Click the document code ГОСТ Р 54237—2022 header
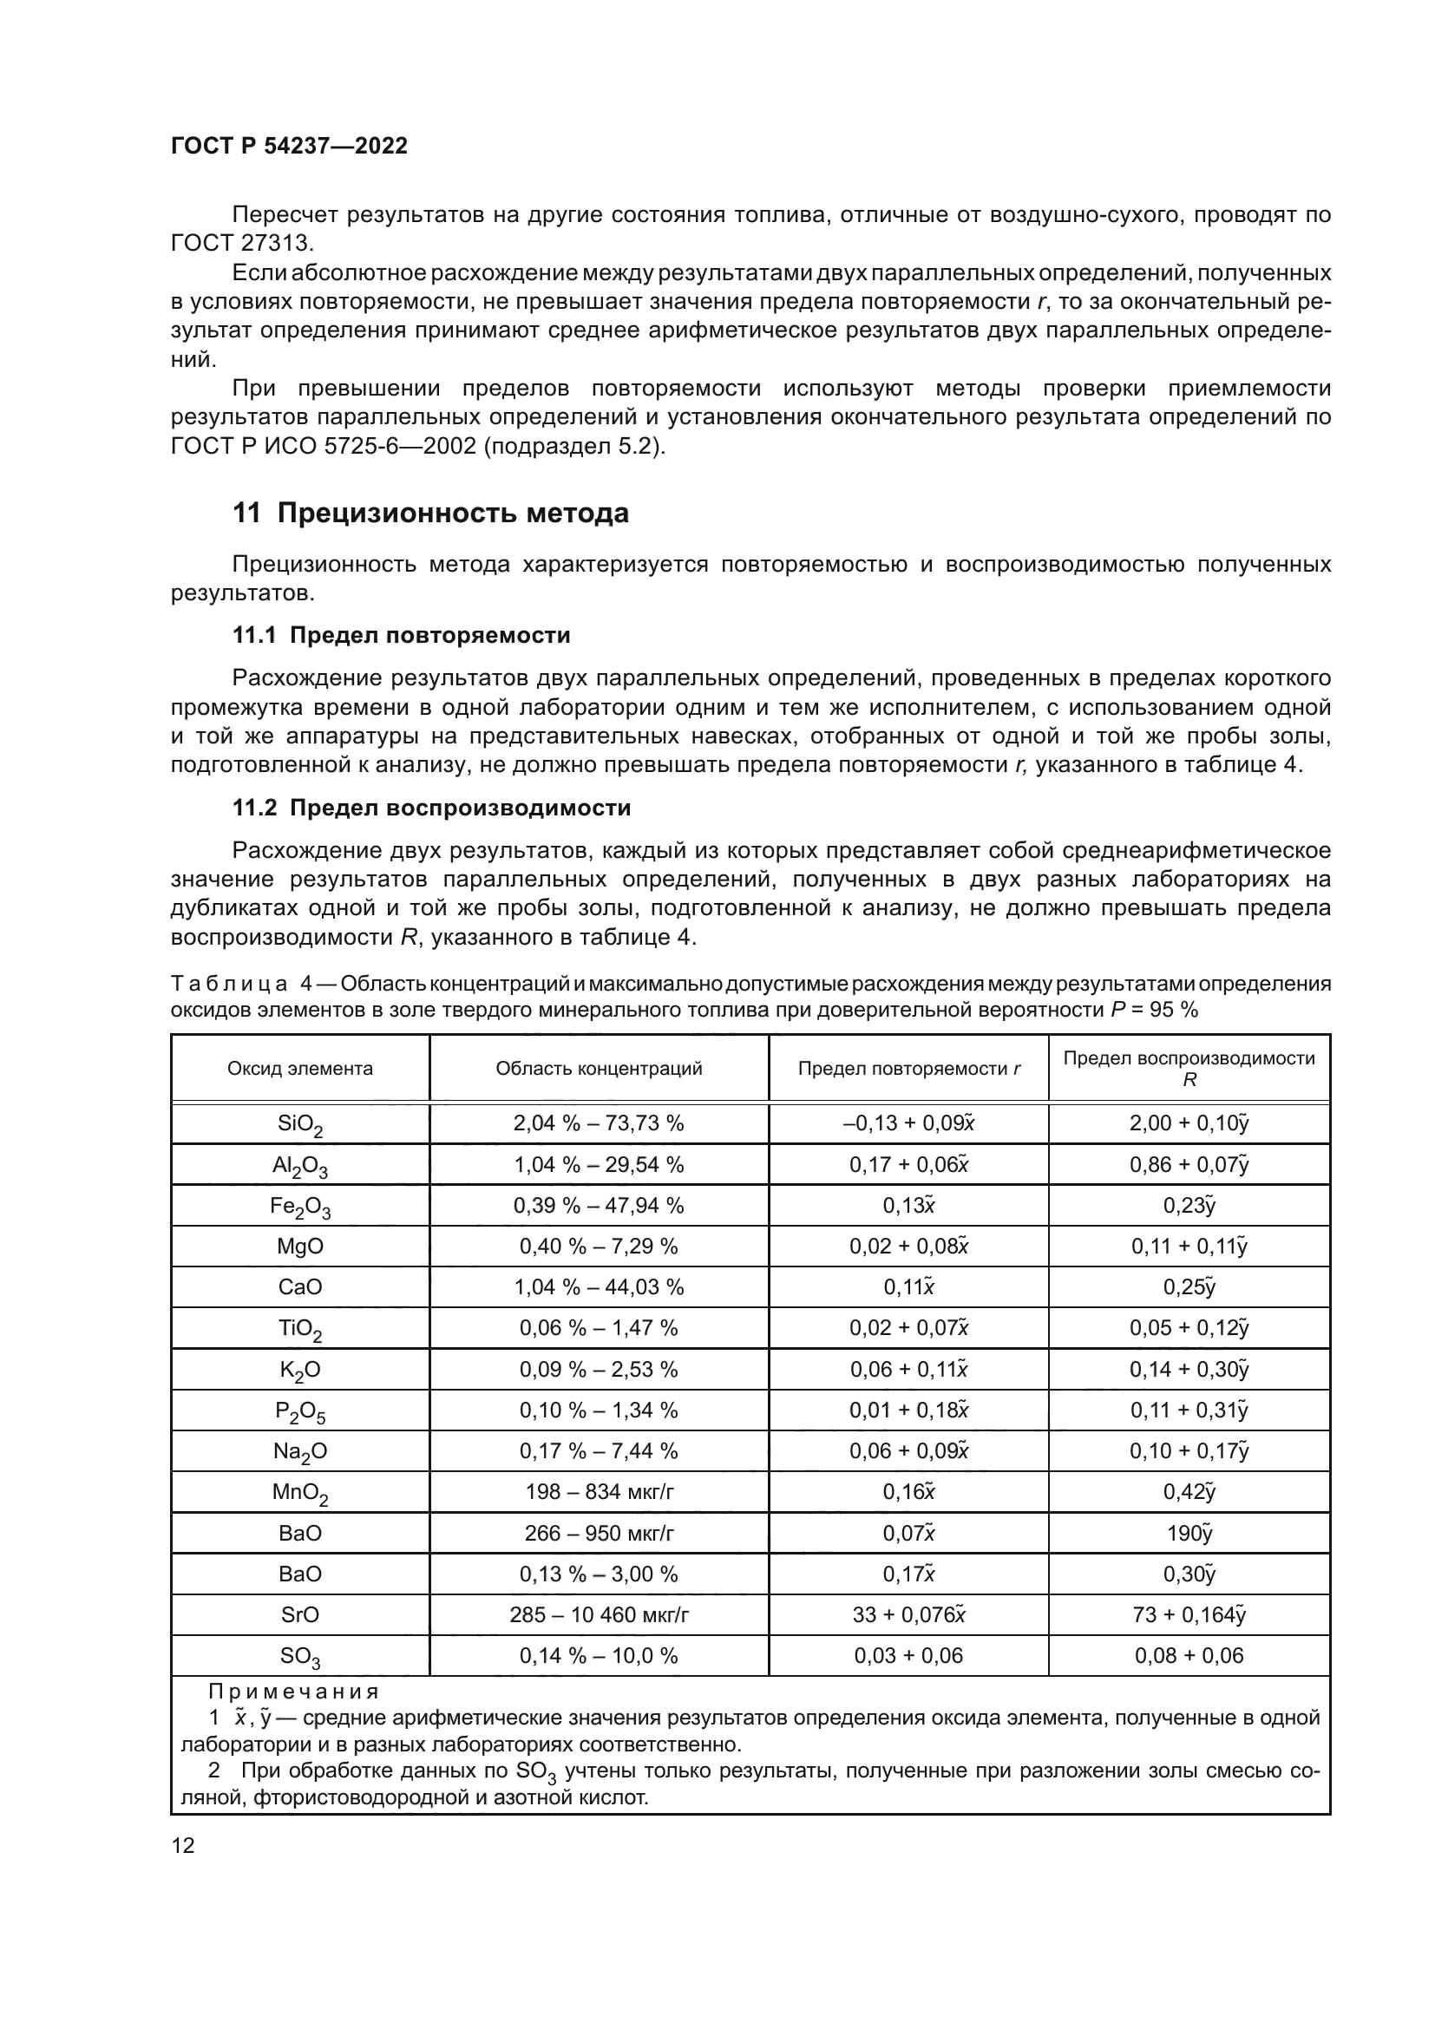(x=289, y=146)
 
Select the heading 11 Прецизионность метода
(x=430, y=513)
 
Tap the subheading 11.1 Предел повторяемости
(x=401, y=635)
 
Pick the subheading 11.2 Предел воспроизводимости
(x=431, y=808)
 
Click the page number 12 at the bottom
(x=183, y=1845)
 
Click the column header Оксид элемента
(x=300, y=1069)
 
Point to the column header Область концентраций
(x=600, y=1069)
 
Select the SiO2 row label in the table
(x=300, y=1124)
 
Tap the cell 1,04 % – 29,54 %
(x=600, y=1165)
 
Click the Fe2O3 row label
(x=300, y=1207)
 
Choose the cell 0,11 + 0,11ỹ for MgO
(x=1189, y=1246)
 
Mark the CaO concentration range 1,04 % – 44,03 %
(x=600, y=1286)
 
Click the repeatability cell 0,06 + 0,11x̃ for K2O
(x=909, y=1370)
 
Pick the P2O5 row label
(x=300, y=1411)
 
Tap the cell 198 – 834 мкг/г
(x=600, y=1492)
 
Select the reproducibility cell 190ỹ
(x=1189, y=1533)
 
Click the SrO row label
(x=300, y=1614)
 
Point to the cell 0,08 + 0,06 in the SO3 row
(x=1189, y=1655)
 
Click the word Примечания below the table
(x=293, y=1692)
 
